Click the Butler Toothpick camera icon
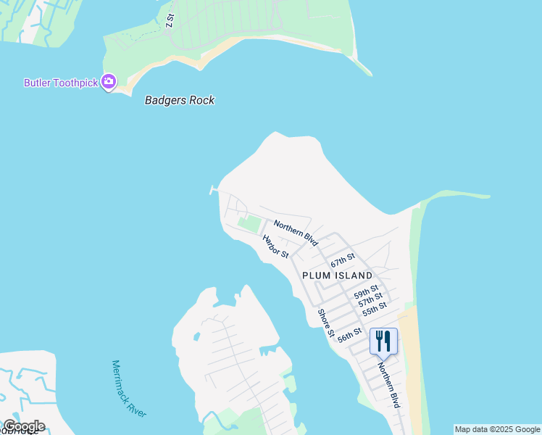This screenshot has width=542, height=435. [x=109, y=82]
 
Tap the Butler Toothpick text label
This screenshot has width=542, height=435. [x=61, y=83]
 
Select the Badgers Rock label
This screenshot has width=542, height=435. [x=180, y=101]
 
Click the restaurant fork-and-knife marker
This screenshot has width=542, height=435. [x=383, y=340]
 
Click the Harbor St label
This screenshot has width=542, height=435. [x=275, y=246]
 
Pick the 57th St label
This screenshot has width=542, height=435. [x=370, y=300]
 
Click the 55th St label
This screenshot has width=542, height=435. [x=375, y=309]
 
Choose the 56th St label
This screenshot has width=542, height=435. [x=349, y=334]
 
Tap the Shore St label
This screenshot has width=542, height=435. [x=325, y=323]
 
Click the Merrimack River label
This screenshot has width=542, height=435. [x=129, y=389]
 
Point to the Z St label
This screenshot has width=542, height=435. [x=170, y=20]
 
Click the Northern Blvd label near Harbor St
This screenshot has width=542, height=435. [x=296, y=233]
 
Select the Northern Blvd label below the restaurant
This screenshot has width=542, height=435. [x=388, y=384]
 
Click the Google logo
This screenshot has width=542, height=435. [x=23, y=426]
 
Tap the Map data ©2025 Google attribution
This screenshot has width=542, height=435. [x=498, y=429]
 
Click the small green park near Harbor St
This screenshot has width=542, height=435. [x=249, y=224]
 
